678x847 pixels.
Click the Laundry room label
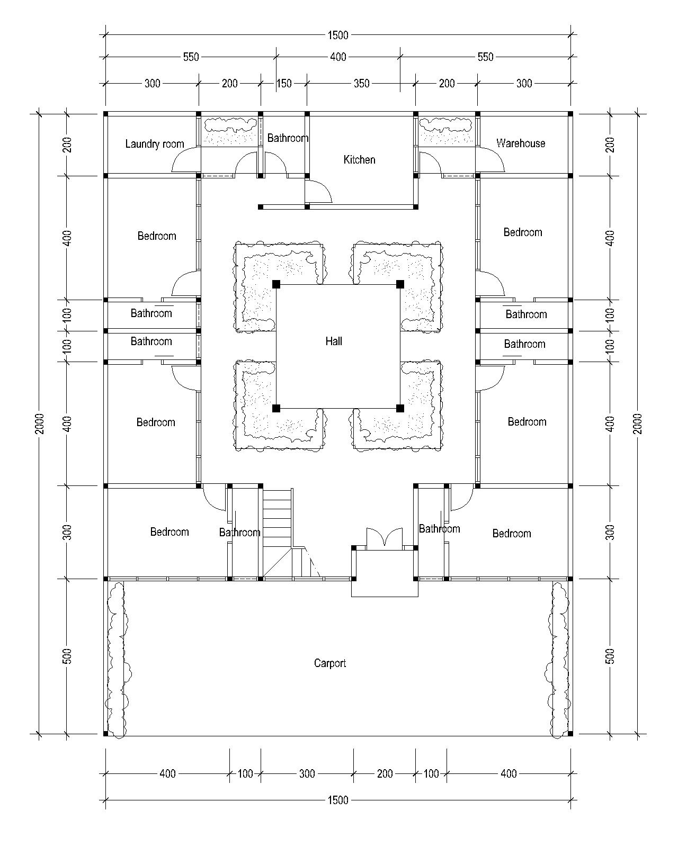(x=155, y=144)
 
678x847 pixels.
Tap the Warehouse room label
(x=521, y=143)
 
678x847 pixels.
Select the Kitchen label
(x=359, y=159)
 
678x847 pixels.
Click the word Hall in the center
(x=334, y=341)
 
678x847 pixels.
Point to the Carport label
(x=330, y=663)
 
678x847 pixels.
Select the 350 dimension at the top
(x=361, y=83)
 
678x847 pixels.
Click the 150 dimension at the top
(x=284, y=83)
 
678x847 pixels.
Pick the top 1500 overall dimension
(x=338, y=35)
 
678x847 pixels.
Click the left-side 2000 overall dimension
(x=39, y=424)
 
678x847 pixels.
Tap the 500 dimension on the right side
(x=610, y=656)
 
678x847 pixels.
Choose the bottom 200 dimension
(x=385, y=773)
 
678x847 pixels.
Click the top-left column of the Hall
(x=276, y=284)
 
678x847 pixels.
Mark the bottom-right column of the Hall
(x=400, y=408)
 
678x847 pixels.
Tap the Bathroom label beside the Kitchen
(x=288, y=138)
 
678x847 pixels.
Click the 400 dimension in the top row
(x=338, y=57)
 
